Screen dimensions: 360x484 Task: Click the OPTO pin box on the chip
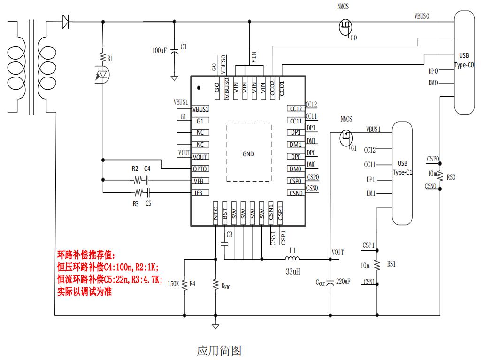tap(200, 169)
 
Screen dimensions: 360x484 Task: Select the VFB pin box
tap(200, 181)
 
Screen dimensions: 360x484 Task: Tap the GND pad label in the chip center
tap(248, 153)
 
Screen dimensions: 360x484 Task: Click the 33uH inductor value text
tap(293, 271)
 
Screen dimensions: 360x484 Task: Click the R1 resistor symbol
tap(103, 58)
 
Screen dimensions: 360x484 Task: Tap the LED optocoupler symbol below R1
tap(103, 75)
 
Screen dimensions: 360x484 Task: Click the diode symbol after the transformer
tap(65, 21)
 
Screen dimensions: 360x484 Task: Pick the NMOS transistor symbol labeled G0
tap(346, 27)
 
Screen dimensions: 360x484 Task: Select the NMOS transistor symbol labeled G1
tap(346, 137)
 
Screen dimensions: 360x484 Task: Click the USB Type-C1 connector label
tap(402, 168)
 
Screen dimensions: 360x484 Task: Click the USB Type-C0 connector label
tap(464, 60)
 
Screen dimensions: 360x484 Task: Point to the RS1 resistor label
tap(391, 264)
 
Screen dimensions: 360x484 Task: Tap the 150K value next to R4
tap(173, 283)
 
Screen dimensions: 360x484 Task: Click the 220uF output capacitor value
tap(343, 282)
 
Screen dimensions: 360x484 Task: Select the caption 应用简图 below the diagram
tap(219, 350)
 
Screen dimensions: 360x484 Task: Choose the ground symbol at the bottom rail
tap(215, 325)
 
